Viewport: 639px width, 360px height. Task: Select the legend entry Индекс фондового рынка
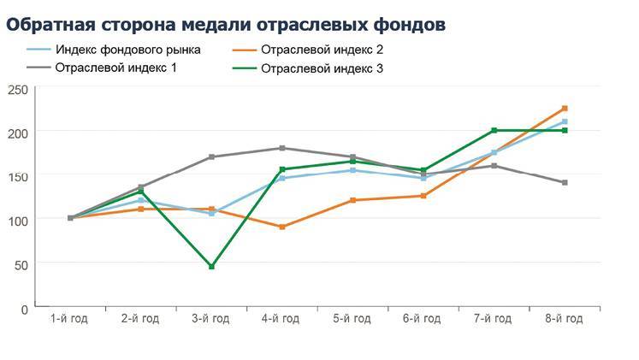[127, 50]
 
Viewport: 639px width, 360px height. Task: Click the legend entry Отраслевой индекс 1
[115, 67]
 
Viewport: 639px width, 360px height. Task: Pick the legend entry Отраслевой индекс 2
[320, 50]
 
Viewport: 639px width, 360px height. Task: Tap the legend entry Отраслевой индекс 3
[320, 68]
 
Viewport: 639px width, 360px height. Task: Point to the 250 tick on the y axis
[18, 89]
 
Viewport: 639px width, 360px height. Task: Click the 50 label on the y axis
[21, 265]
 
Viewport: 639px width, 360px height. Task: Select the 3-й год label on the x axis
[210, 319]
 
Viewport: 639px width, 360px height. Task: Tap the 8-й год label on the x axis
[564, 319]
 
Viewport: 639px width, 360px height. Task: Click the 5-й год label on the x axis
[352, 319]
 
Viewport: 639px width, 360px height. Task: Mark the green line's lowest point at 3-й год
[211, 267]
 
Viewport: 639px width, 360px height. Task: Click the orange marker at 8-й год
[565, 109]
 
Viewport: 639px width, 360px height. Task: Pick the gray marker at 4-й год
[282, 148]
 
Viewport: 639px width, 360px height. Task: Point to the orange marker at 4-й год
[282, 227]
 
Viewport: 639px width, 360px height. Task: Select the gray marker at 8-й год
[565, 182]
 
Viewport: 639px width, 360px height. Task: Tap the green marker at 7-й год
[494, 130]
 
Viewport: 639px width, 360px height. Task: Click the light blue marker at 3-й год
[211, 213]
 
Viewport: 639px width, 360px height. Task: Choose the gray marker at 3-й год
[211, 156]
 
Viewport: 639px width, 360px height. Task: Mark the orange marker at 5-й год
[352, 200]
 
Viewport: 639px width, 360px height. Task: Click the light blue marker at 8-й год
[565, 121]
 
